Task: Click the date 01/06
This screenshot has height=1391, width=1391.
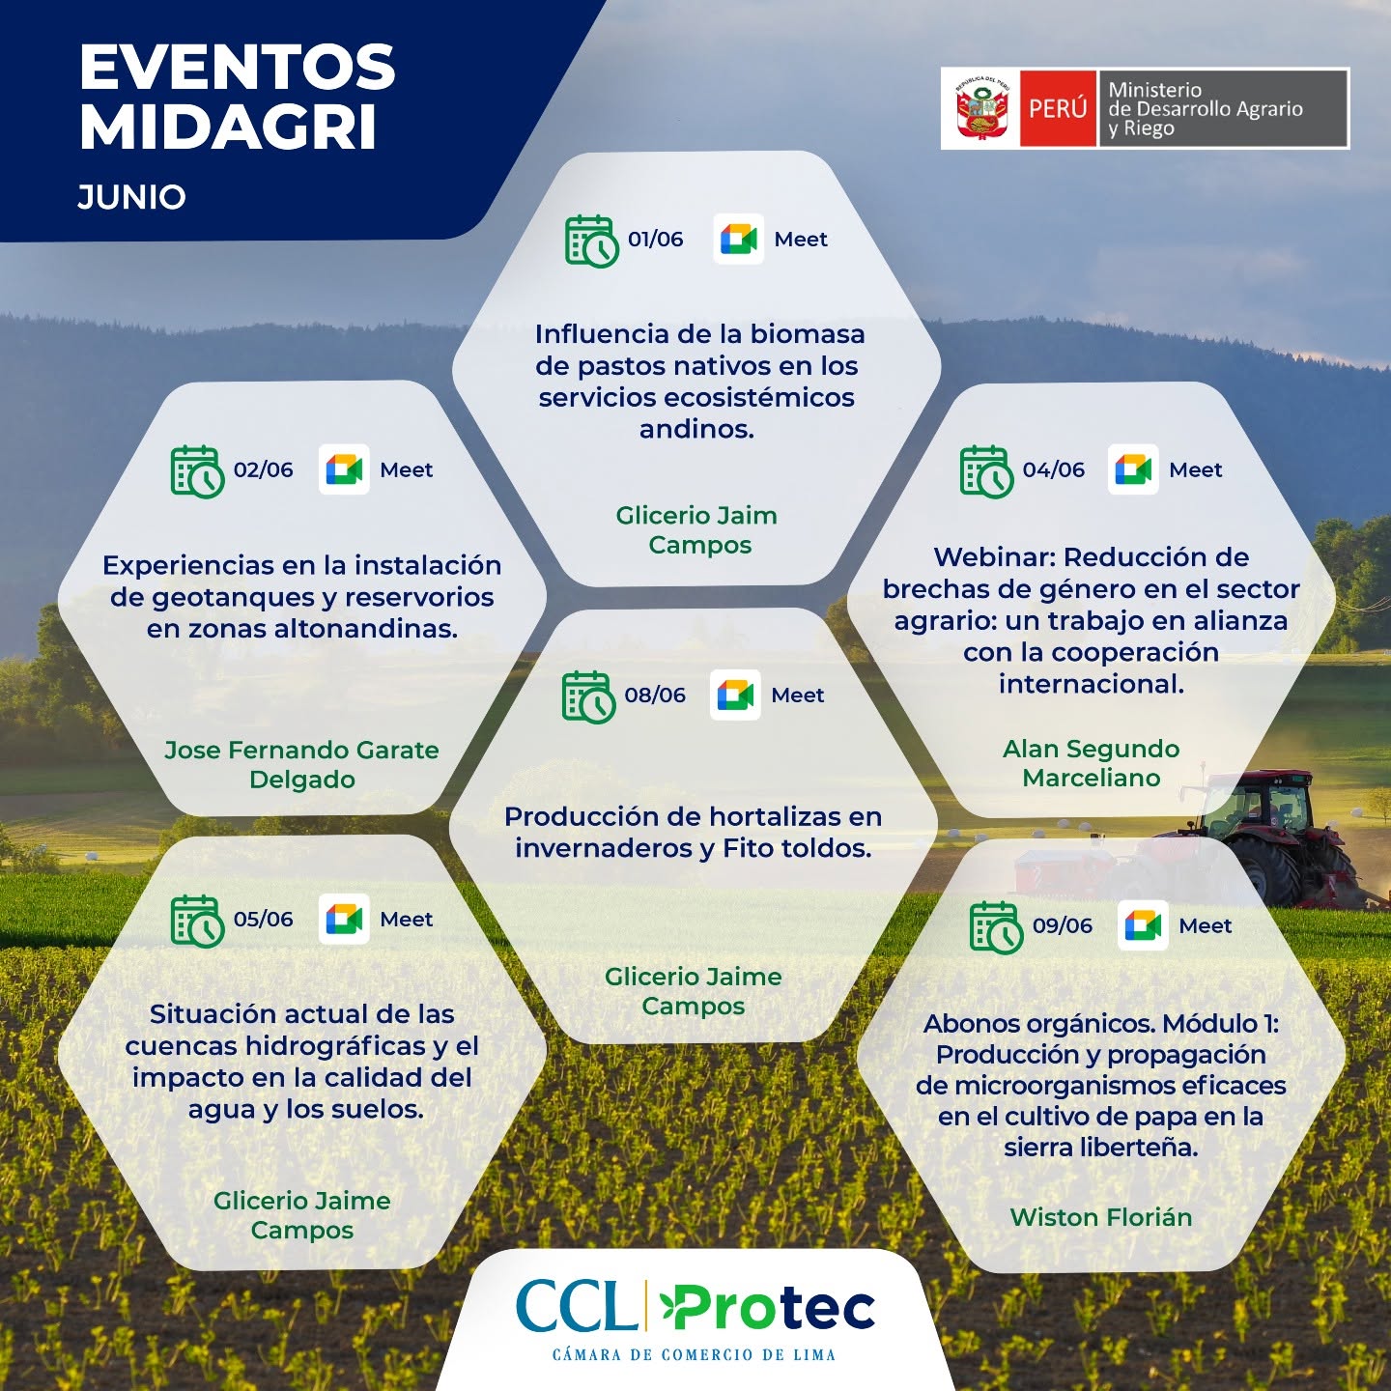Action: (656, 239)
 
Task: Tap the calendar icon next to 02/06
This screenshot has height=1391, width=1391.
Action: (197, 471)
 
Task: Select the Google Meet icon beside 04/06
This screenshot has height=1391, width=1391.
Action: (1132, 469)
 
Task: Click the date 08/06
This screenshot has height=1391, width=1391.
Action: (655, 695)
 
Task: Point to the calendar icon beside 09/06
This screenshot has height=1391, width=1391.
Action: (996, 927)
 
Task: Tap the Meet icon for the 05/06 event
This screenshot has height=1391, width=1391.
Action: (344, 919)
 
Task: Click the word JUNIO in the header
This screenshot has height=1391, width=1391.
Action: (132, 197)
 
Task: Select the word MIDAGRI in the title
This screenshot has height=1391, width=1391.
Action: (228, 128)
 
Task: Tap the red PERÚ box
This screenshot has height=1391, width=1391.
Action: (1058, 109)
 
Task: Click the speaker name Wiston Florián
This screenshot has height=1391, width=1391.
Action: (1101, 1218)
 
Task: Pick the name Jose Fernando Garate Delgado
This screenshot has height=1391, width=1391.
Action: (301, 764)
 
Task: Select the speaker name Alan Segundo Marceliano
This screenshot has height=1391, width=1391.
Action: (1091, 763)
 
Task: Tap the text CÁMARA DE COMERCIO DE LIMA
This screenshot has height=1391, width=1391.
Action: (694, 1355)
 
